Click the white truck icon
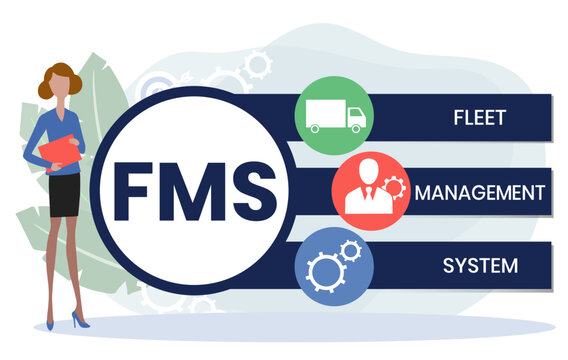tap(333, 116)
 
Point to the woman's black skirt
tap(65, 196)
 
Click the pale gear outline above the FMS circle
tap(259, 65)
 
